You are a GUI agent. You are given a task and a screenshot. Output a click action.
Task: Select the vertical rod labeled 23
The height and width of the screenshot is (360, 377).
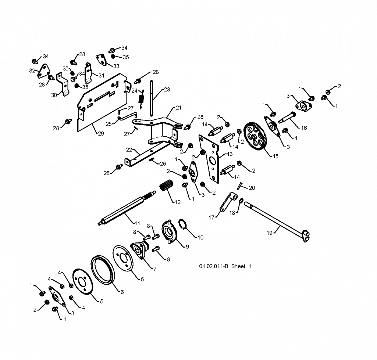(x=152, y=98)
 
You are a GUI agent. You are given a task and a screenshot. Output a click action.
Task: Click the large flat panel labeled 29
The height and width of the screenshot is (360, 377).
(x=102, y=102)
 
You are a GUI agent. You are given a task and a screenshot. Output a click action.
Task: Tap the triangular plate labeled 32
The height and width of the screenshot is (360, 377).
(x=43, y=71)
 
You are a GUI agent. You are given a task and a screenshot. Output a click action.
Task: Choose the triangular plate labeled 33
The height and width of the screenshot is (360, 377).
(x=102, y=60)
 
